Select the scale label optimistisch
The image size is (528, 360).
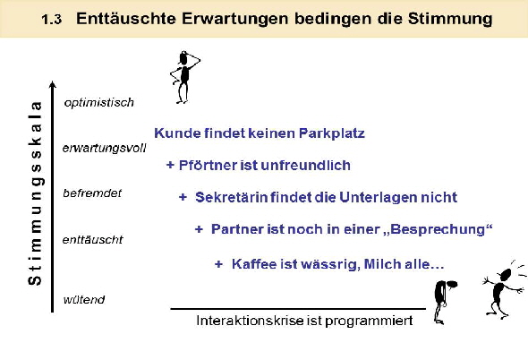(x=99, y=103)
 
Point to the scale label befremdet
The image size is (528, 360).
(x=93, y=193)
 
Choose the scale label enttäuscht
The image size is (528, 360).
(x=93, y=239)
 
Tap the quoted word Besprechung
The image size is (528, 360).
(x=438, y=230)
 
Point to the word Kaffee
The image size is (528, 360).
(x=252, y=263)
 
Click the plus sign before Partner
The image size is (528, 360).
(x=199, y=230)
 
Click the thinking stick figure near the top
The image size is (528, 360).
(x=184, y=75)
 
